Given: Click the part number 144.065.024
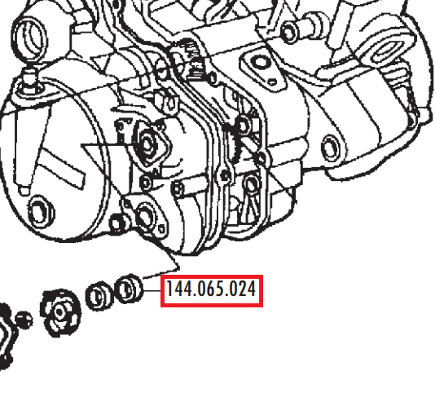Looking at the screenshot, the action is (211, 289).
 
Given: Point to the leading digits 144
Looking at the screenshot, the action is (179, 289).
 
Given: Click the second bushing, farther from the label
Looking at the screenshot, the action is (99, 296).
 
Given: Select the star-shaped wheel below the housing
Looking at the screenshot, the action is (60, 312).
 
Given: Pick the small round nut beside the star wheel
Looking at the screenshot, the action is (24, 320).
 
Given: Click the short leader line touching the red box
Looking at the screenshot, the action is (152, 290).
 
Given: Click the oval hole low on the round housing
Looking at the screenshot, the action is (42, 212).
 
